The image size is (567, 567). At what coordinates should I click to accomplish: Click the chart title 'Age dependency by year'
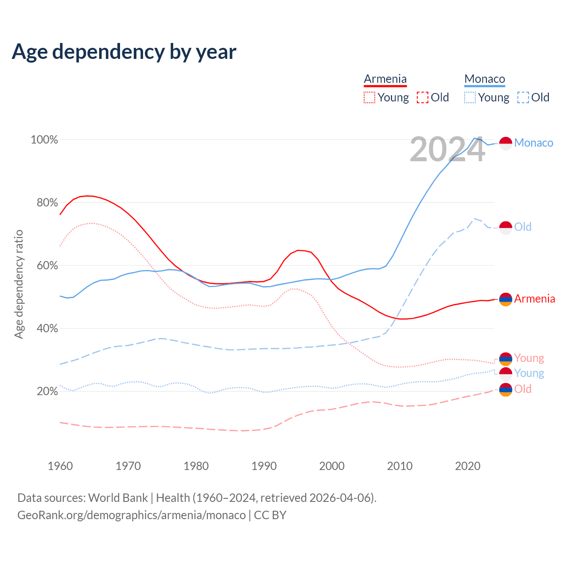(x=124, y=52)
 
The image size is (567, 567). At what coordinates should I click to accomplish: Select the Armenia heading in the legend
(x=385, y=79)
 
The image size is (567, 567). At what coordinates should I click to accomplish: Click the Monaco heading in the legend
(x=485, y=79)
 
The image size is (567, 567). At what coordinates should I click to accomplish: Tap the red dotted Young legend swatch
(x=369, y=97)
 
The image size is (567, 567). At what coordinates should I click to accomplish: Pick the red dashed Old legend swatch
(x=423, y=97)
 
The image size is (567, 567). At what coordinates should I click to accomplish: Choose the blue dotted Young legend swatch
(x=470, y=97)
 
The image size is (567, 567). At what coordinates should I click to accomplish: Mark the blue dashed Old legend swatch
(x=523, y=97)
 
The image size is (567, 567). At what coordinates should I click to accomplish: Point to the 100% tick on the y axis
(x=44, y=140)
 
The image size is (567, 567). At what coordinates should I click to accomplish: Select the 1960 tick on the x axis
(x=60, y=466)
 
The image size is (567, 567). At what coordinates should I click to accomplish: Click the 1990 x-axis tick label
(x=264, y=466)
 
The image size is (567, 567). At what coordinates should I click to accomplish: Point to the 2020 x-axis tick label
(x=468, y=466)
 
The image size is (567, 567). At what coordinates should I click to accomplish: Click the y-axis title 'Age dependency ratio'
(x=19, y=284)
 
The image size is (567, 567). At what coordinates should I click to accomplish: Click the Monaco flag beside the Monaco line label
(x=505, y=143)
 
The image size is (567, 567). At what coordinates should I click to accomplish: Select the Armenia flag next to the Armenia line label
(x=505, y=299)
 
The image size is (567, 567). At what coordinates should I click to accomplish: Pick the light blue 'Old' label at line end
(x=523, y=227)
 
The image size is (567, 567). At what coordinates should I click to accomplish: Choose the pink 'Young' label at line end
(x=529, y=358)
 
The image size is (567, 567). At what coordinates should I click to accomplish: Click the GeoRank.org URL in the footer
(x=132, y=515)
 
